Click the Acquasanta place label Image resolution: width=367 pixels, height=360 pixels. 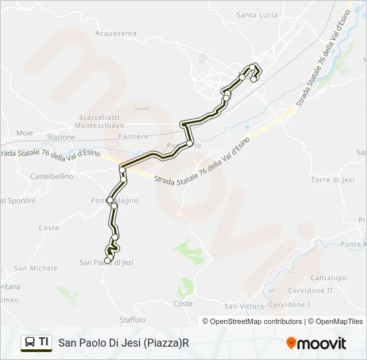(116, 33)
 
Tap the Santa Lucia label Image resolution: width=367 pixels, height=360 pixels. (256, 15)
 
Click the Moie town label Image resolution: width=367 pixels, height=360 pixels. (24, 133)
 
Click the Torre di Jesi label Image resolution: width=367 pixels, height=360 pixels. (332, 180)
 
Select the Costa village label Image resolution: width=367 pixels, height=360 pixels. (49, 228)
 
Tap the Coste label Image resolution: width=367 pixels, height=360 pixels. (183, 304)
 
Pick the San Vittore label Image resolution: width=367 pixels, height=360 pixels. (244, 306)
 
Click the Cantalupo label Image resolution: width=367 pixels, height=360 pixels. (328, 278)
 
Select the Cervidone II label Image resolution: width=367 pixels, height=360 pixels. (310, 291)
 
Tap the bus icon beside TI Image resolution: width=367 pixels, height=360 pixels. (30, 343)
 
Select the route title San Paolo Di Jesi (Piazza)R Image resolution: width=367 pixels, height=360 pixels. (124, 343)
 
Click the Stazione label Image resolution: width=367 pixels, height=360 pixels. (61, 137)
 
